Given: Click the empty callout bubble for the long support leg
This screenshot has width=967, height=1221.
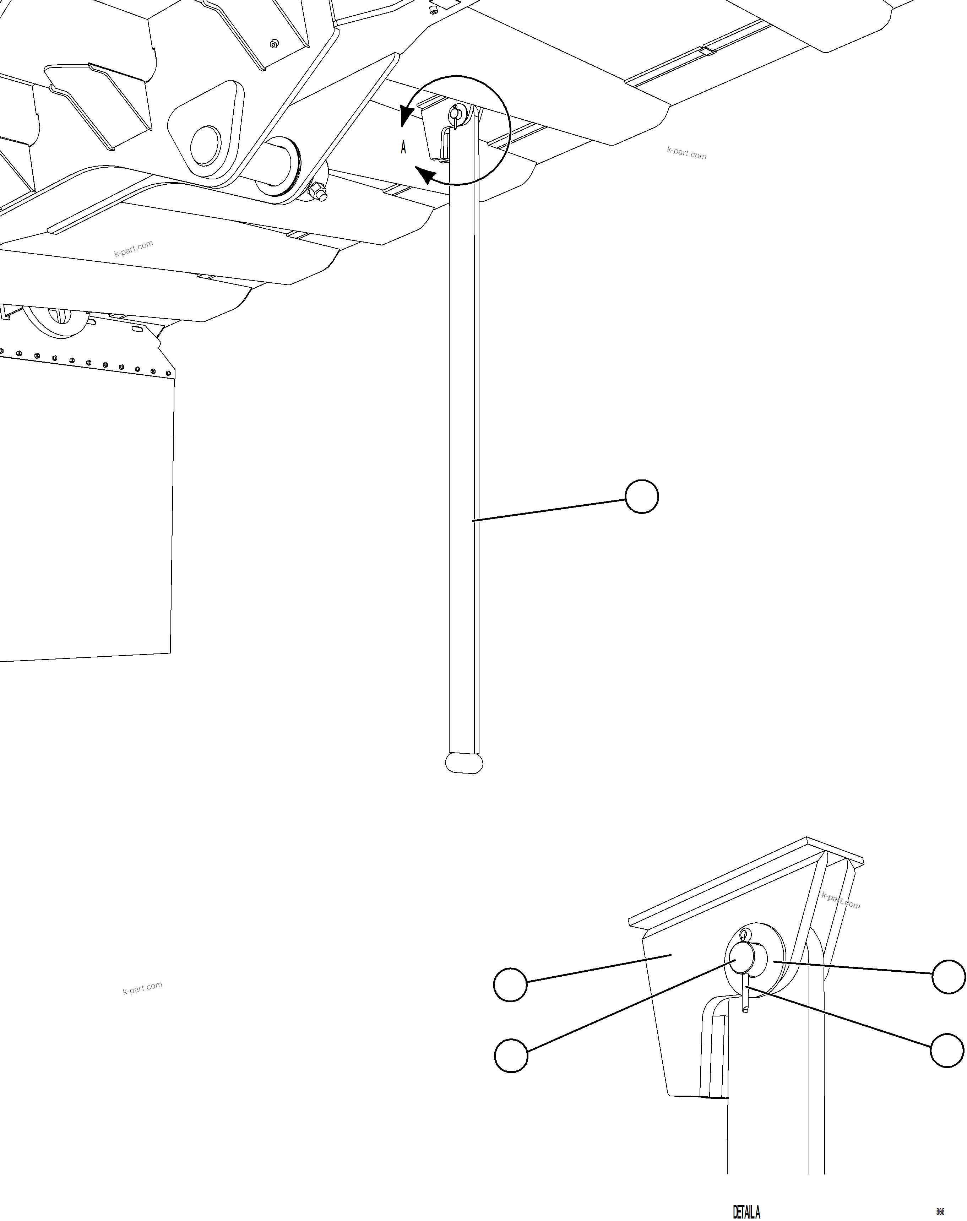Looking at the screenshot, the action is pos(641,496).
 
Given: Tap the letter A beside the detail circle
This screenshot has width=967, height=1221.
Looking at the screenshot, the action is pos(403,148).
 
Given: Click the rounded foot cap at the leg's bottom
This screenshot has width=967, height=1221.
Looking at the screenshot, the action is pos(464,763).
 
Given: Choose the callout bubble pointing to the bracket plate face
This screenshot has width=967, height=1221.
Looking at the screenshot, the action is pos(510,985).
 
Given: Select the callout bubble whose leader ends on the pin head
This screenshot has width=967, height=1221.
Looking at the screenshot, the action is pos(511,1055).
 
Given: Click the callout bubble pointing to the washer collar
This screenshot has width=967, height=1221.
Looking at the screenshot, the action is pos(948,976).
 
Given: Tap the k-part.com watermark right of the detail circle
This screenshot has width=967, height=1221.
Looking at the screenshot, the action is pos(686,153).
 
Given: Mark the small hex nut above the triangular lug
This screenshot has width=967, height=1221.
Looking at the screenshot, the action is pos(274,44).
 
